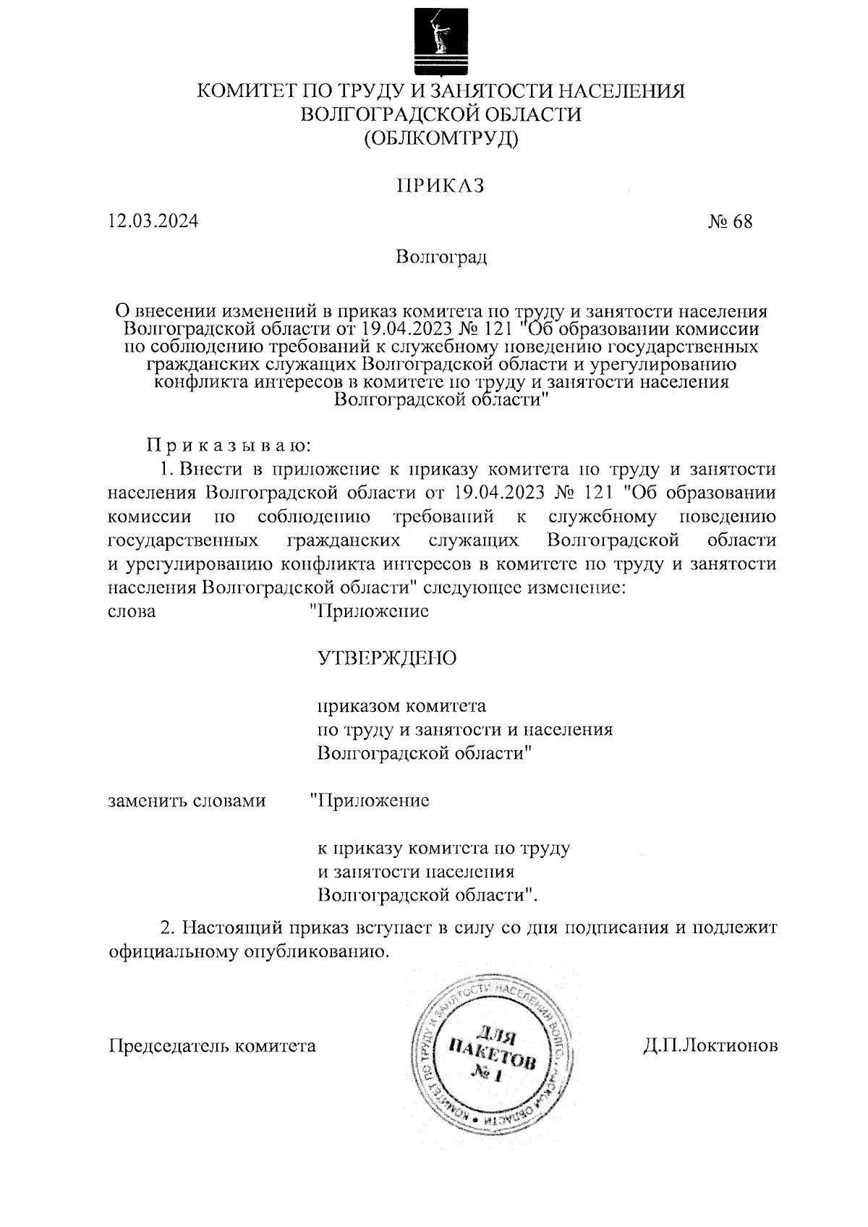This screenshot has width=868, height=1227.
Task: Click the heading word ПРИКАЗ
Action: [440, 186]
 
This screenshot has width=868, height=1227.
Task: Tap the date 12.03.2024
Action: [153, 221]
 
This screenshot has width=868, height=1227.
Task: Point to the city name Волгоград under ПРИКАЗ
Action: [441, 257]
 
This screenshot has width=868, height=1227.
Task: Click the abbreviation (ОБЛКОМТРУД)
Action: [441, 137]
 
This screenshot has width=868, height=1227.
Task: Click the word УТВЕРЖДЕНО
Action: [387, 658]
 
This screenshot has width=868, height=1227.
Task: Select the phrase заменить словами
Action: [187, 801]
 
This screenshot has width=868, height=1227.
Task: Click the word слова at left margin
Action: [131, 611]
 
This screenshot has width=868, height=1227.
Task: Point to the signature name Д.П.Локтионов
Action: [710, 1045]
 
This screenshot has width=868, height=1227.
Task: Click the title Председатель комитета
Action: [212, 1045]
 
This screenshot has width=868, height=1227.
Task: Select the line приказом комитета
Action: [402, 705]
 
